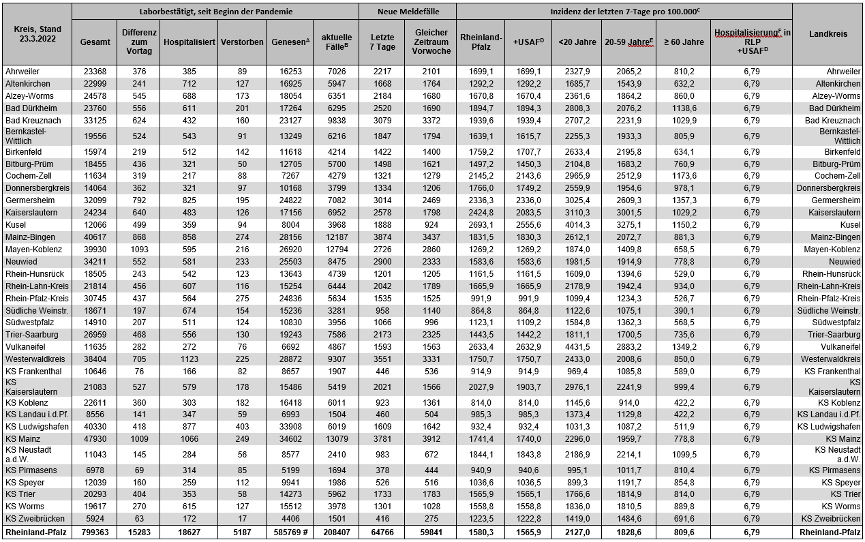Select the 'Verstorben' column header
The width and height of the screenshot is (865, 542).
tap(242, 42)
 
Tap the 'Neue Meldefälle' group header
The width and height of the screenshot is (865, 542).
tap(408, 12)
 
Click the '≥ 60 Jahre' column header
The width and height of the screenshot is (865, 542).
tap(683, 42)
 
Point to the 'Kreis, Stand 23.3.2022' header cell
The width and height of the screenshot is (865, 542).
tap(37, 34)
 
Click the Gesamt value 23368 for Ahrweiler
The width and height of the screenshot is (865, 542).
tap(95, 71)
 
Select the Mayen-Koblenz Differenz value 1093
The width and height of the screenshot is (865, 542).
tap(139, 250)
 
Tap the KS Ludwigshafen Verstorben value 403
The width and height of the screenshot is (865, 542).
tap(242, 426)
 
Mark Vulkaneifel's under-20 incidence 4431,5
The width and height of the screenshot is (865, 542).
tap(577, 346)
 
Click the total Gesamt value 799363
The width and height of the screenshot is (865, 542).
tap(95, 532)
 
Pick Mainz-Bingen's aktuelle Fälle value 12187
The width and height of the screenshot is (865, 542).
tap(336, 237)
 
